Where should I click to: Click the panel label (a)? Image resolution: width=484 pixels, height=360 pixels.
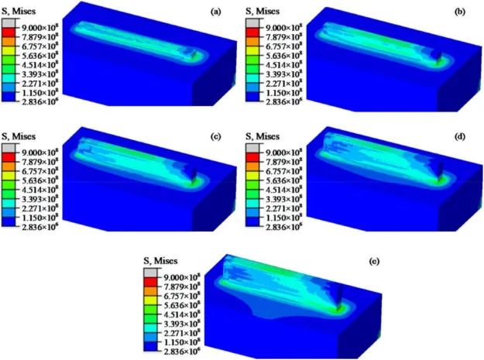(215, 12)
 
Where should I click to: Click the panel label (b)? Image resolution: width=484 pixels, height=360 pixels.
(460, 12)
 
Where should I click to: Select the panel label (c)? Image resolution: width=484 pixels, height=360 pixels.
(215, 137)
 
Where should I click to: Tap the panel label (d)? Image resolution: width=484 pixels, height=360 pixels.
(460, 137)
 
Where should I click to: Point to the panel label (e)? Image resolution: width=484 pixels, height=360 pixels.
(374, 262)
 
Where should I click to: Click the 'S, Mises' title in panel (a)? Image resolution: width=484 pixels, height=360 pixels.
(19, 12)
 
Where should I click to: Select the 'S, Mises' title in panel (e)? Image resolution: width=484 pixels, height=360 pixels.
(160, 261)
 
